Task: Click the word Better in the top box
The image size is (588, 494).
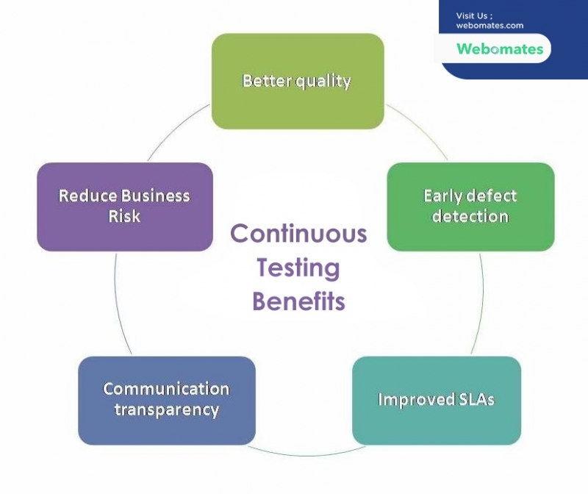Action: click(x=268, y=81)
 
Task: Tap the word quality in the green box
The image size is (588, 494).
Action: click(x=323, y=82)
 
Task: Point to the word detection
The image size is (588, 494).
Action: click(x=470, y=216)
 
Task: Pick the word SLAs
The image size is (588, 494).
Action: click(x=476, y=399)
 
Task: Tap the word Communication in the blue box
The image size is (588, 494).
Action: click(x=166, y=389)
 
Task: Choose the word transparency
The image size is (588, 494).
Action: click(x=167, y=410)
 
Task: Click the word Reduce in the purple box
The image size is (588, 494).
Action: click(x=87, y=196)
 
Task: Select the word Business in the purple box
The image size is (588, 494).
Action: click(x=156, y=196)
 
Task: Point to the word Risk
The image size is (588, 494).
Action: click(x=124, y=216)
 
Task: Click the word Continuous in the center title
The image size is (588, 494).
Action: click(x=298, y=233)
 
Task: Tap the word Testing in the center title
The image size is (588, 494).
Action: click(x=298, y=268)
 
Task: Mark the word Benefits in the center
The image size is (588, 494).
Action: click(x=298, y=301)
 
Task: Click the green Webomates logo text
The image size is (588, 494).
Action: click(x=500, y=49)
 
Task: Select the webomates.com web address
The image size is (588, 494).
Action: click(x=490, y=26)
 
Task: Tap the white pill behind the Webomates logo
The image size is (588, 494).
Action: click(x=494, y=48)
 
